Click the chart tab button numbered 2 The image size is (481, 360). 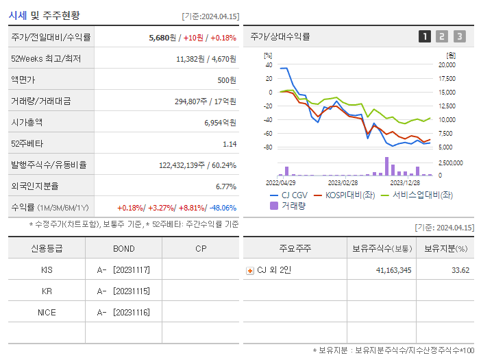point(442,36)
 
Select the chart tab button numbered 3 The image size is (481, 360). point(459,36)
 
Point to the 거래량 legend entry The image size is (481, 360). point(288,205)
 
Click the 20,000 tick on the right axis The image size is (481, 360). point(447,64)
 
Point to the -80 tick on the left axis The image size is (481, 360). point(268,147)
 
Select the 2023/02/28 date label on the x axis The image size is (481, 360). point(343,182)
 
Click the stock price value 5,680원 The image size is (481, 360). point(163,38)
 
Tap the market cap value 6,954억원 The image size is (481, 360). point(220,122)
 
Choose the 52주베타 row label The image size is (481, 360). point(26,143)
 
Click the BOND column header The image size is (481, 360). point(123,248)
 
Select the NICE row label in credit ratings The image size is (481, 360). point(47,312)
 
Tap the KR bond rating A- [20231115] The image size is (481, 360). point(123,291)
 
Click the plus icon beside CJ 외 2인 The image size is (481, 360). point(250,270)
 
